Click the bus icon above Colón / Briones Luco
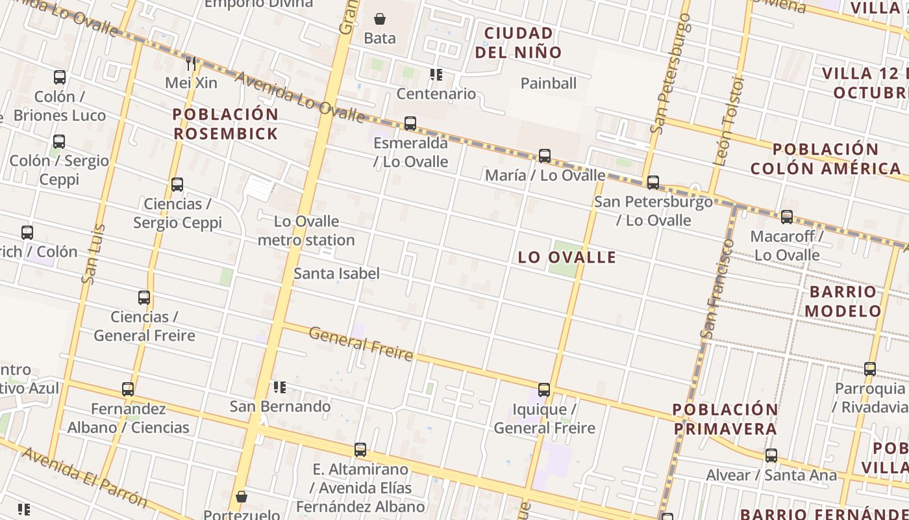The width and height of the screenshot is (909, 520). click(60, 77)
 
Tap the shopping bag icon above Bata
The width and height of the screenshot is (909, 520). click(380, 19)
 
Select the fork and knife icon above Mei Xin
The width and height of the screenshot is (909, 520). click(191, 63)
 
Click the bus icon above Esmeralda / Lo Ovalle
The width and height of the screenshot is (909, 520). click(410, 123)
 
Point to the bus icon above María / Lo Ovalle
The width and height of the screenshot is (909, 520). click(545, 155)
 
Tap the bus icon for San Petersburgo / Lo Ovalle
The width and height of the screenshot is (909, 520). click(653, 182)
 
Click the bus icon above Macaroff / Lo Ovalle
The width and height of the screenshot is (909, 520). click(787, 216)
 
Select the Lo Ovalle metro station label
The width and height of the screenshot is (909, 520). click(306, 231)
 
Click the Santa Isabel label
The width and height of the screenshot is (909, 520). click(336, 274)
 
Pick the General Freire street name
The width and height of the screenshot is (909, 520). click(361, 343)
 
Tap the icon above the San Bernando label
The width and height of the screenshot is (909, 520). click(280, 387)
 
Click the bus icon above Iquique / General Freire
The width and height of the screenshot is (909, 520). click(544, 390)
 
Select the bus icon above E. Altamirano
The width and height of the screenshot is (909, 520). click(360, 449)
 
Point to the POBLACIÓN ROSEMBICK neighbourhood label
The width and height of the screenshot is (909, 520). click(225, 124)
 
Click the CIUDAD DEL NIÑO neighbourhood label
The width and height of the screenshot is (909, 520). click(518, 42)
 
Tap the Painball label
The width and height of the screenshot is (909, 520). click(549, 83)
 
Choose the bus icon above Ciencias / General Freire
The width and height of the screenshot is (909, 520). click(144, 298)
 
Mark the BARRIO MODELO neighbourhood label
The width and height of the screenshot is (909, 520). click(843, 301)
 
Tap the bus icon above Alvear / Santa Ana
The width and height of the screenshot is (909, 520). click(771, 456)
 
